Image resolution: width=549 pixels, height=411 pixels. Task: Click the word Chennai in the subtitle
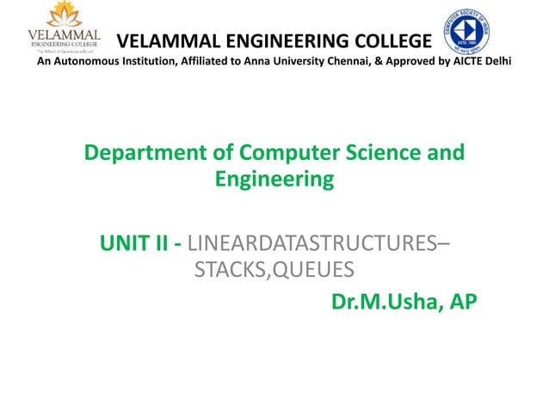(317, 63)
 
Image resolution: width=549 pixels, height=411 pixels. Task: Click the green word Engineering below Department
(274, 181)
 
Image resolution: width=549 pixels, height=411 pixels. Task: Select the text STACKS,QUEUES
(274, 272)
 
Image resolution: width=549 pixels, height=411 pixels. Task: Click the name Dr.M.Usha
(385, 303)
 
